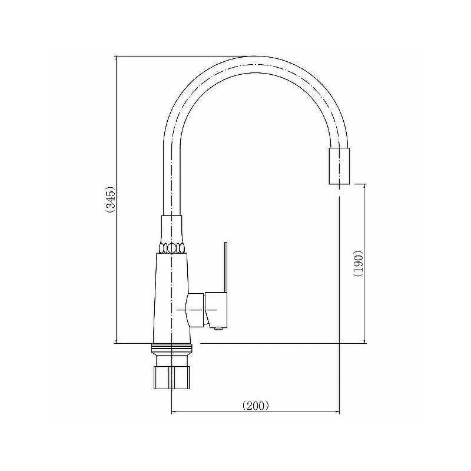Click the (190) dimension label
click(x=359, y=263)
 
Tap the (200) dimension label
click(x=256, y=406)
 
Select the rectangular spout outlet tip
click(x=339, y=166)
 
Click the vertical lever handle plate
click(x=225, y=267)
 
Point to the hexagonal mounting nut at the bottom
click(x=172, y=377)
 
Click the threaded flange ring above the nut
click(x=172, y=349)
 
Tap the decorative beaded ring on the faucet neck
click(x=171, y=248)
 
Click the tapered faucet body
click(x=172, y=298)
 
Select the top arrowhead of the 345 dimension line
click(x=116, y=58)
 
